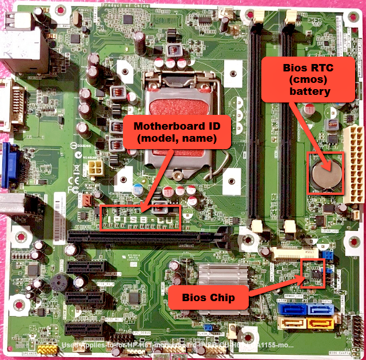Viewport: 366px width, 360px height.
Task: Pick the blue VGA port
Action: click(x=11, y=165)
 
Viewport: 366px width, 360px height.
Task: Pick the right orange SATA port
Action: click(x=319, y=323)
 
